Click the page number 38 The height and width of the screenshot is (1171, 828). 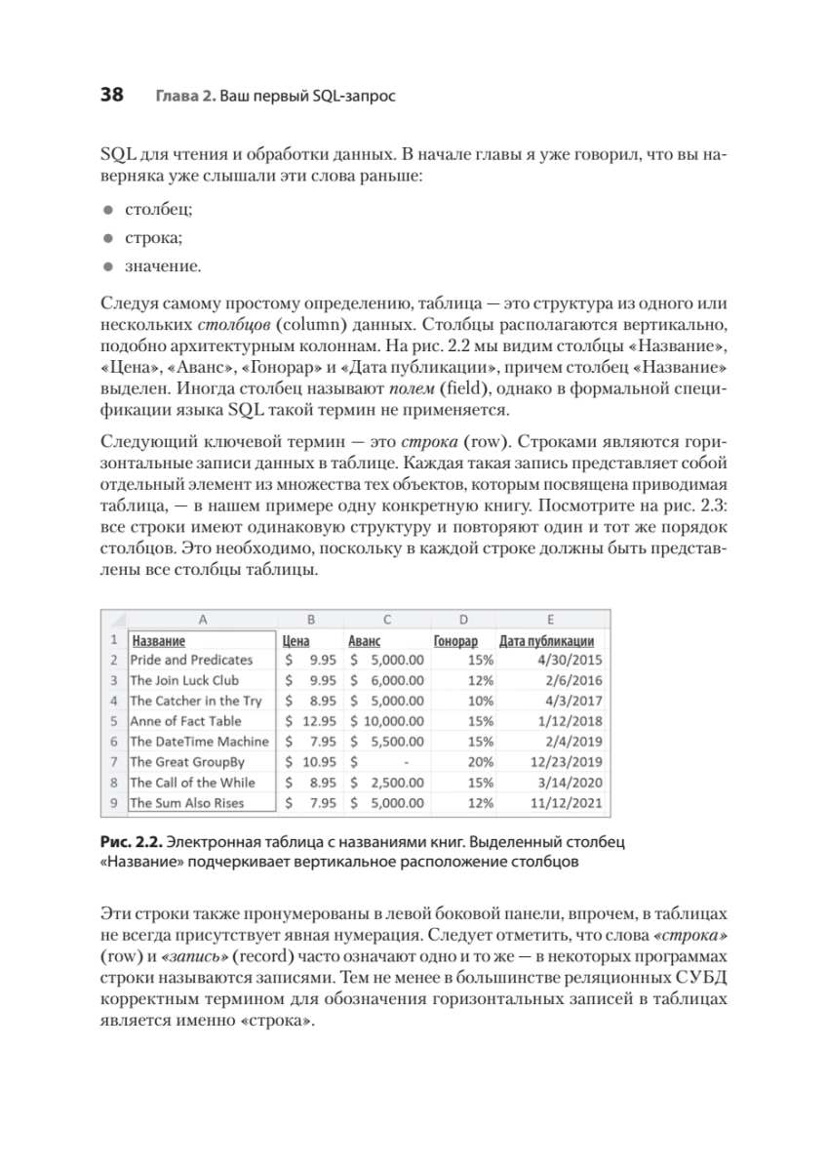[111, 96]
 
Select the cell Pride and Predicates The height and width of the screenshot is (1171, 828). [191, 660]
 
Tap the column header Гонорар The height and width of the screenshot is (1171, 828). [455, 640]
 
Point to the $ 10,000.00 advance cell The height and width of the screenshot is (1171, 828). [385, 721]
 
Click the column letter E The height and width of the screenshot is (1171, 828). [552, 619]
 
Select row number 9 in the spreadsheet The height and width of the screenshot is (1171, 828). [114, 803]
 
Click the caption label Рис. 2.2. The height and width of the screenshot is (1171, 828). [131, 841]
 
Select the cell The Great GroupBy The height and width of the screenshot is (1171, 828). [186, 762]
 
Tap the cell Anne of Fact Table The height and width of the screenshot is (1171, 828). [185, 721]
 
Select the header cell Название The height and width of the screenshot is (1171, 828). [159, 640]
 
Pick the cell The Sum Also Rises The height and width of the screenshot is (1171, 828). [186, 803]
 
